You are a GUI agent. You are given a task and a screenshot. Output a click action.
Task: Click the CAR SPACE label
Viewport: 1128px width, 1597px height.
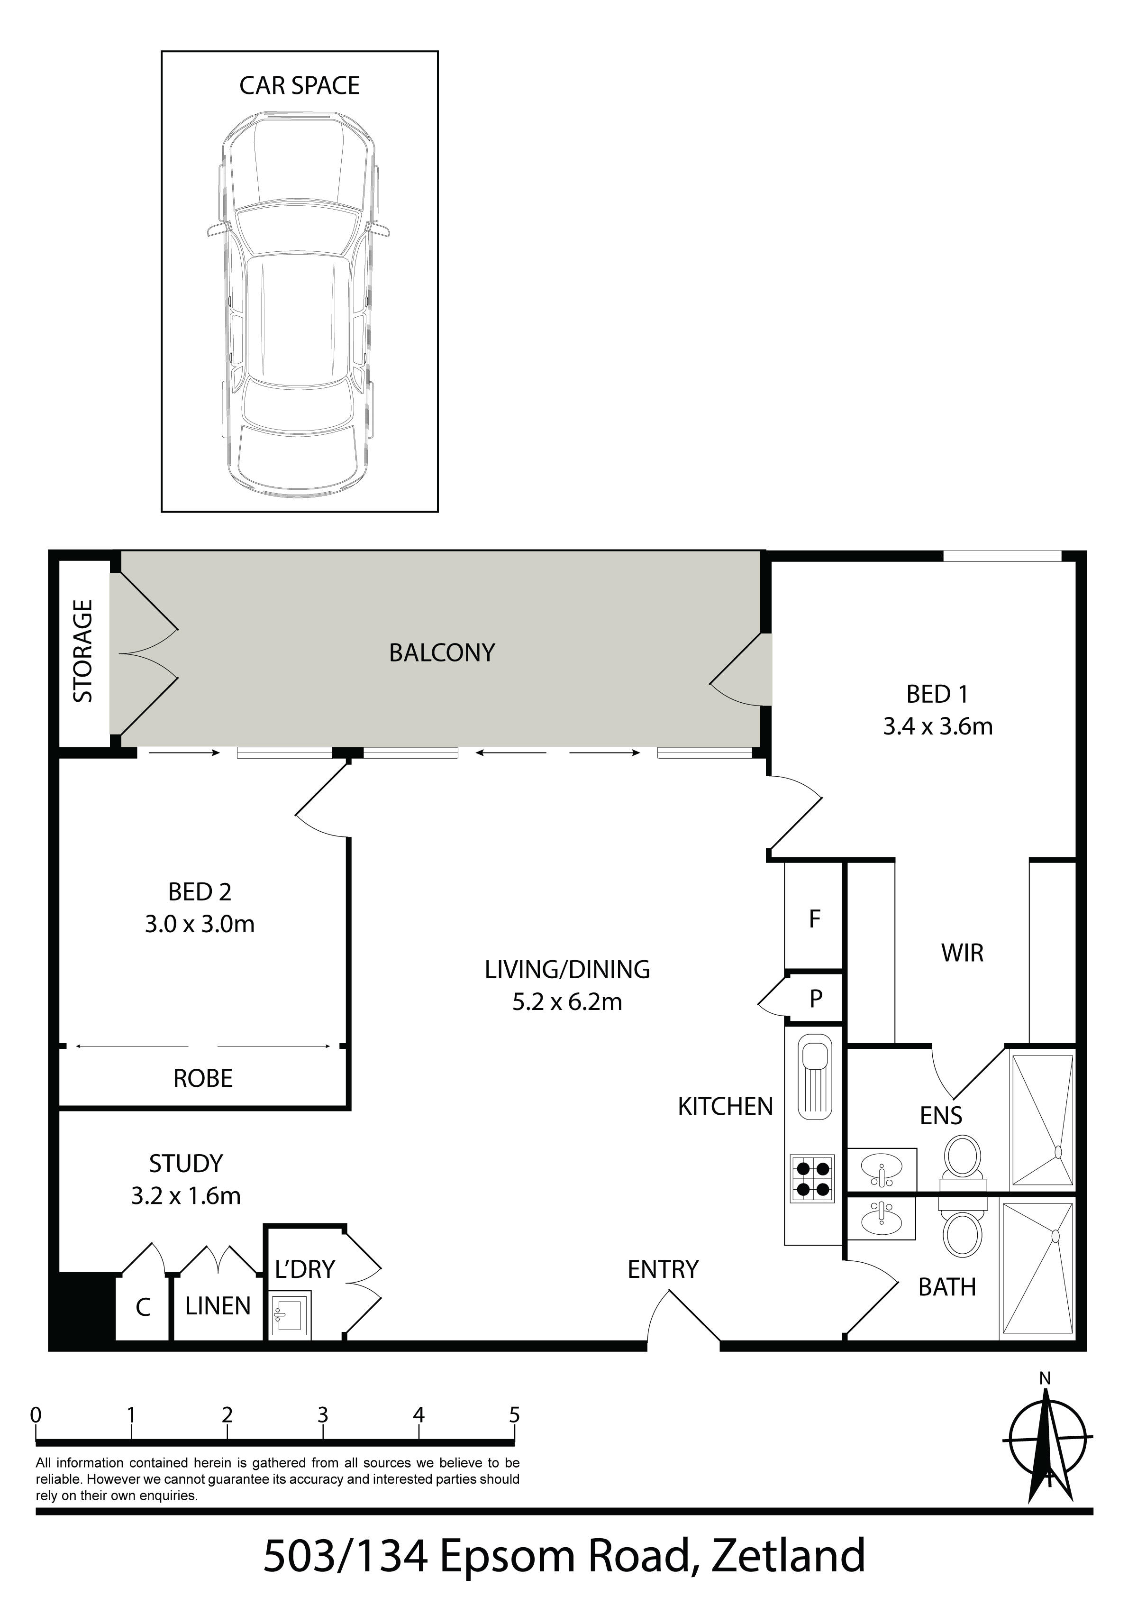tap(299, 85)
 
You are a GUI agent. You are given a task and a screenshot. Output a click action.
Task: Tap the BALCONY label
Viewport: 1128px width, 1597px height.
tap(442, 652)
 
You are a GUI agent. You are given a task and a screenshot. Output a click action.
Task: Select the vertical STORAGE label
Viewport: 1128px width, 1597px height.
tap(83, 651)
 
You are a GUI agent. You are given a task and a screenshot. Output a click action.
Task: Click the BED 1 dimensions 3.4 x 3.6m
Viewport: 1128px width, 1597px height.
tap(937, 727)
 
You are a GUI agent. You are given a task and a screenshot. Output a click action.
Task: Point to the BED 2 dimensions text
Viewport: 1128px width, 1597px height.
tap(200, 925)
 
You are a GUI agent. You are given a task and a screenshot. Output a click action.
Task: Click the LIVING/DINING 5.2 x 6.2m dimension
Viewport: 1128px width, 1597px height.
tap(567, 1002)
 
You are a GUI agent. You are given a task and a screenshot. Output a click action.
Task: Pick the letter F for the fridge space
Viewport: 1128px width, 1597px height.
tap(815, 919)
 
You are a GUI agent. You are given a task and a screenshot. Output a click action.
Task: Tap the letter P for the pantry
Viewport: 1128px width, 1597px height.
tap(816, 1000)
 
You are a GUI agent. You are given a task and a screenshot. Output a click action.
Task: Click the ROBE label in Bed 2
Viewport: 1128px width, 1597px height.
tap(202, 1078)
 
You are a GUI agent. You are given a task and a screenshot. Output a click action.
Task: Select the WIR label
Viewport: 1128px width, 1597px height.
tap(963, 953)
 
